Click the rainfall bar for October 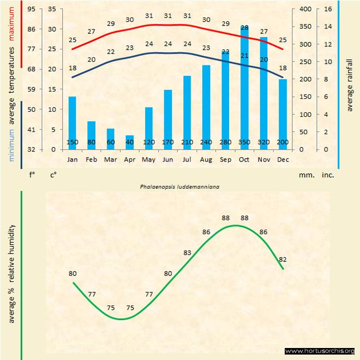244,87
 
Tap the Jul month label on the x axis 187,160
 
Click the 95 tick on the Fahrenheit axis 31,9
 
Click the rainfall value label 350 244,143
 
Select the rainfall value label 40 129,143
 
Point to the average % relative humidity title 12,273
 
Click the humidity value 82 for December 283,259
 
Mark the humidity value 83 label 187,253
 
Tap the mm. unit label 305,176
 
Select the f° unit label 32,176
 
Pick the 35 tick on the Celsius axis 52,9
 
